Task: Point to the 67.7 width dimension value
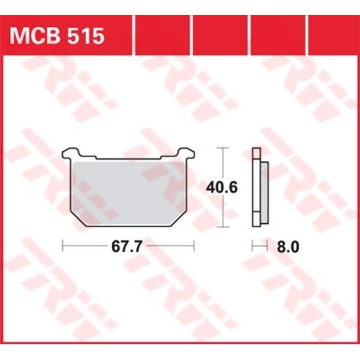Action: [x=128, y=248]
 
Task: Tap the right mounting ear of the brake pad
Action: [x=190, y=156]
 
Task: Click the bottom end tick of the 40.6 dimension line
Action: [x=225, y=226]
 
